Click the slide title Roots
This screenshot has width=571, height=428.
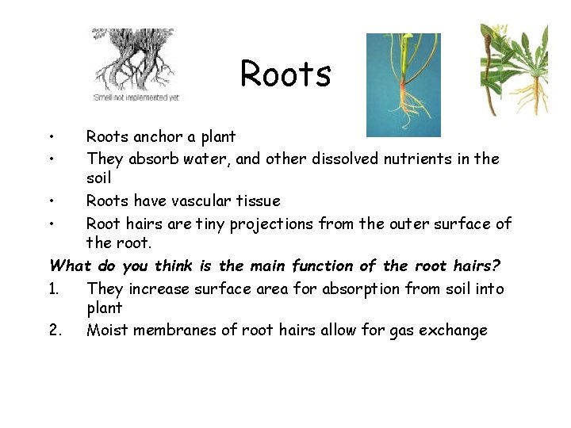[285, 74]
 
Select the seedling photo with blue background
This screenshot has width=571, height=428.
[403, 84]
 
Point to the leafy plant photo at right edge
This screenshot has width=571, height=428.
[515, 69]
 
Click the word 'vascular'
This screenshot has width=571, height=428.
[201, 201]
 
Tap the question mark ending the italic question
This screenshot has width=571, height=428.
[496, 266]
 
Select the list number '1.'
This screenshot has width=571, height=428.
[55, 289]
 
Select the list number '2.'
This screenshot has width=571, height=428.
[55, 331]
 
